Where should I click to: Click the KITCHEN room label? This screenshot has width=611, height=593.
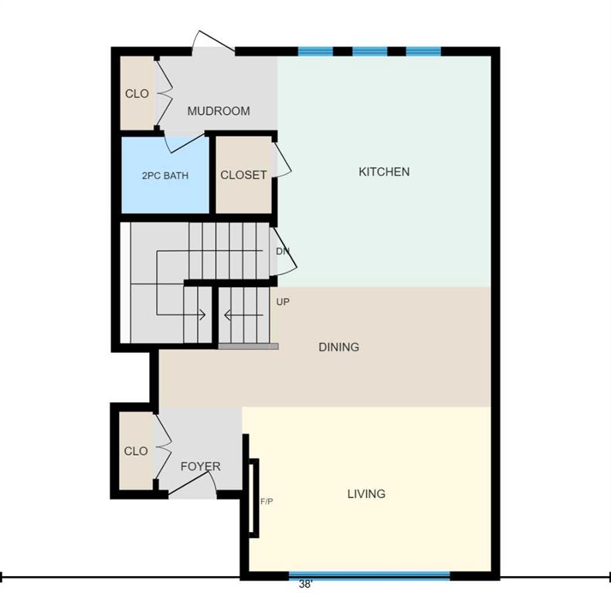pyautogui.click(x=384, y=172)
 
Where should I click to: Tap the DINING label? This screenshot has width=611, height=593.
pyautogui.click(x=338, y=347)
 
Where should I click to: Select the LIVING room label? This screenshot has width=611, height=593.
pyautogui.click(x=366, y=494)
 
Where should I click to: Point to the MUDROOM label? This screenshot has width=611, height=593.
pyautogui.click(x=219, y=111)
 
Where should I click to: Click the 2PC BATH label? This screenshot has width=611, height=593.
pyautogui.click(x=165, y=176)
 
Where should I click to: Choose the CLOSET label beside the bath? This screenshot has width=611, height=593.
pyautogui.click(x=243, y=175)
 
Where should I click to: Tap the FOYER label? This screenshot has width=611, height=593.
pyautogui.click(x=201, y=466)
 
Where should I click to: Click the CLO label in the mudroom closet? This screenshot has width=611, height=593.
pyautogui.click(x=137, y=93)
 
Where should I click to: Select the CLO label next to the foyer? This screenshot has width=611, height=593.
pyautogui.click(x=136, y=451)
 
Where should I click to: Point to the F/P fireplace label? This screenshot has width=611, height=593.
pyautogui.click(x=266, y=502)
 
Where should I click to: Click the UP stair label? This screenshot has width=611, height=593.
pyautogui.click(x=283, y=302)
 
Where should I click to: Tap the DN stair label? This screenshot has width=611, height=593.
pyautogui.click(x=283, y=251)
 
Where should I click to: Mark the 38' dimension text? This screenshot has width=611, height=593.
pyautogui.click(x=306, y=585)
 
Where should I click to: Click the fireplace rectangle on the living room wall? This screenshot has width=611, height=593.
pyautogui.click(x=253, y=498)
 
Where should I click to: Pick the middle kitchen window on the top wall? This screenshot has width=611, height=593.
pyautogui.click(x=370, y=52)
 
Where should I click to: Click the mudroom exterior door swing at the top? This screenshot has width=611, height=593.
pyautogui.click(x=213, y=40)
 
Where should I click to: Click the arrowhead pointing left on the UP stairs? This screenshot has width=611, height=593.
pyautogui.click(x=228, y=315)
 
